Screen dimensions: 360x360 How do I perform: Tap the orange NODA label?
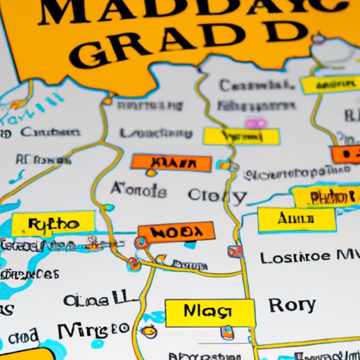pyautogui.click(x=176, y=232)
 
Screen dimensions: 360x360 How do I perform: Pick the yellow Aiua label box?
pyautogui.click(x=291, y=219)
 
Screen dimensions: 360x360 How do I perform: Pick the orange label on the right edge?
pyautogui.click(x=346, y=154)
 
